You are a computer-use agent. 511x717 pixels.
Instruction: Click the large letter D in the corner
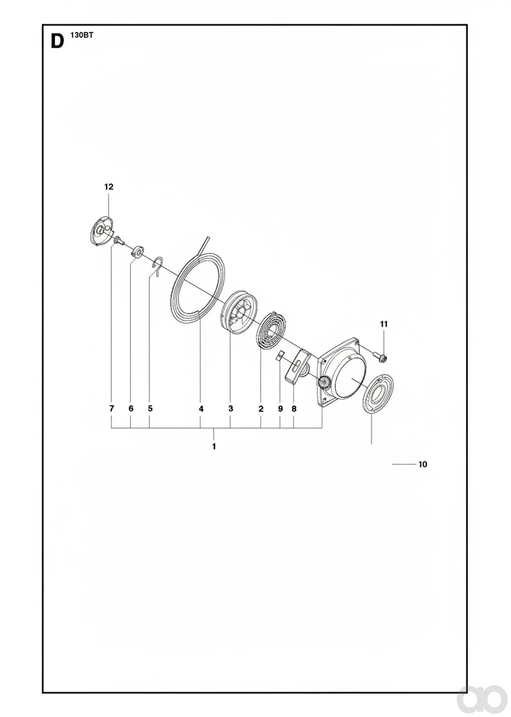pos(57,42)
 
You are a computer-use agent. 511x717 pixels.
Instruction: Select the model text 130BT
pos(82,36)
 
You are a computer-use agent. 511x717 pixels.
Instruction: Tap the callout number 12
pos(109,187)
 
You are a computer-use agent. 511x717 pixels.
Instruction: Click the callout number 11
pos(384,324)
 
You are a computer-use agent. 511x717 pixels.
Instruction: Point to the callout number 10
pos(423,464)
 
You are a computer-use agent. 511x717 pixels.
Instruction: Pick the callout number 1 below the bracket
pos(214,447)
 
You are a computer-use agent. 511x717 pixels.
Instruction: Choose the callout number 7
pos(112,409)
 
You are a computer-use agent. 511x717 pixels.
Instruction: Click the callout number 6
pos(131,409)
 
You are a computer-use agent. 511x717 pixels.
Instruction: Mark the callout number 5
pos(150,409)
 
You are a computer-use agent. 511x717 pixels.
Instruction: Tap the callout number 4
pos(201,409)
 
